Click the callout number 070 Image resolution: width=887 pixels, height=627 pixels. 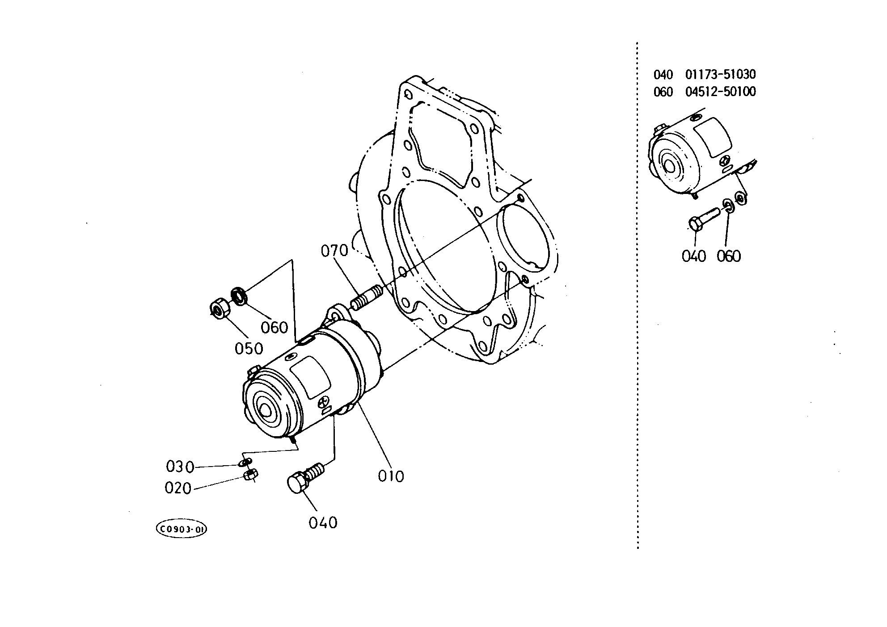(334, 251)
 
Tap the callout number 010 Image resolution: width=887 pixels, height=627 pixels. (391, 476)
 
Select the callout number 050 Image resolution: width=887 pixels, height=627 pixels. (249, 349)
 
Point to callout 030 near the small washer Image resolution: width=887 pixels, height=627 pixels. (180, 467)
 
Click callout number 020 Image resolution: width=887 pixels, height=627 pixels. (178, 488)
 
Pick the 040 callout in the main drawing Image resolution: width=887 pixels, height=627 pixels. (323, 522)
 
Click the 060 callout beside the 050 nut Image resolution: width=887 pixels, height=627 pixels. (275, 328)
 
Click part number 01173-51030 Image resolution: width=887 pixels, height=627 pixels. (721, 74)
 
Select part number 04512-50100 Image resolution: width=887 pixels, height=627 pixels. (721, 92)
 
